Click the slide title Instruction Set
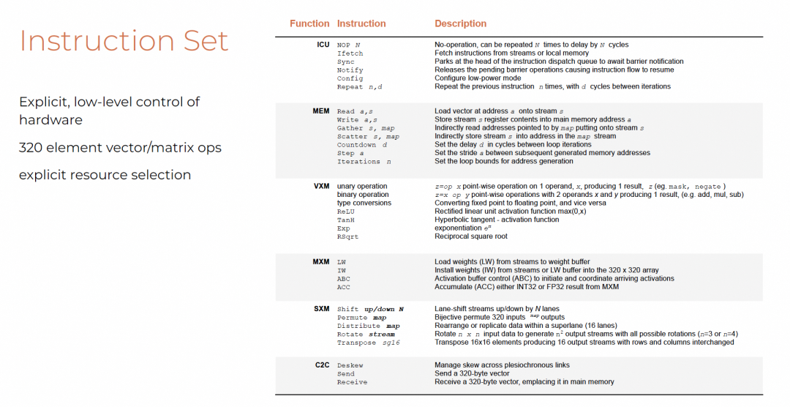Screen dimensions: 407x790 (124, 41)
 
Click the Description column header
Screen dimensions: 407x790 (460, 23)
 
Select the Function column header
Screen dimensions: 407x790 (309, 23)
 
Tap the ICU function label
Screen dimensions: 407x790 (323, 45)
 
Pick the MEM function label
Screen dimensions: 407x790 (321, 111)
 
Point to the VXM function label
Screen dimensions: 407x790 (322, 186)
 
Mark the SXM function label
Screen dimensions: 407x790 (322, 309)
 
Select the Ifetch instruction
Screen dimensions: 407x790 (350, 53)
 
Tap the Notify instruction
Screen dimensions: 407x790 (350, 70)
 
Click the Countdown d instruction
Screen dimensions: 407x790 (362, 145)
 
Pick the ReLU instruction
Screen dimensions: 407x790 (346, 212)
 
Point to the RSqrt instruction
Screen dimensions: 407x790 (348, 236)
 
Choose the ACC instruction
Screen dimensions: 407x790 (344, 287)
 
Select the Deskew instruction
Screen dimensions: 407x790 (350, 365)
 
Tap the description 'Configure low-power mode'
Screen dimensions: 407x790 (478, 78)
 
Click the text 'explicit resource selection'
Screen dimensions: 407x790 (105, 175)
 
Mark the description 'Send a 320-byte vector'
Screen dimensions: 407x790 (473, 373)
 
